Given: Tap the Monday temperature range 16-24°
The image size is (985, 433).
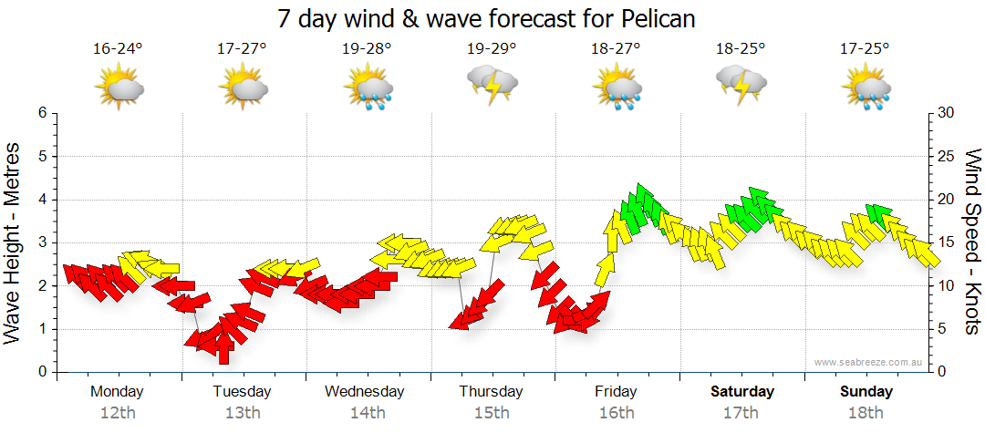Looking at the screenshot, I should (x=119, y=49).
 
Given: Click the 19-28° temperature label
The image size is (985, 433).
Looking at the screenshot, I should (x=368, y=49).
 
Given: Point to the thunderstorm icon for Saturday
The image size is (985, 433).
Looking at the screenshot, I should (x=741, y=86).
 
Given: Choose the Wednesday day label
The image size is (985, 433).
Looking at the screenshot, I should (x=365, y=392).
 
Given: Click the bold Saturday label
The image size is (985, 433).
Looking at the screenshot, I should (x=741, y=392).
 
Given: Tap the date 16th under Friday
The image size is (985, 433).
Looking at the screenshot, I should (x=617, y=413).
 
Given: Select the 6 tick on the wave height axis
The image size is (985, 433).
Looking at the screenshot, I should (x=42, y=113).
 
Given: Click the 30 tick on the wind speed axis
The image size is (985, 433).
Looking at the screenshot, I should (x=947, y=113).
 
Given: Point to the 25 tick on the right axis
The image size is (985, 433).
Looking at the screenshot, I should (x=947, y=156).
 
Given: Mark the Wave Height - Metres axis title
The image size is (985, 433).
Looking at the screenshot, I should (x=15, y=242).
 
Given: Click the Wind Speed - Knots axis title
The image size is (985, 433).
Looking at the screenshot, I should (x=972, y=242).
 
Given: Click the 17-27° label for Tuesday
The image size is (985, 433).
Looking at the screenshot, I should (x=243, y=49).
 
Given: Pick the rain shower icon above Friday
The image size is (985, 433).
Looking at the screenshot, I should (x=617, y=88).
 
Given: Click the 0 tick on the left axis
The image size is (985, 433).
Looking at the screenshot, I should (x=42, y=372).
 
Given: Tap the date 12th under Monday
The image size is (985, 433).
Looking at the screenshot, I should (x=118, y=413).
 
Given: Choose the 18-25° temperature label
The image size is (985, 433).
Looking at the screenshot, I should (x=741, y=49).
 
